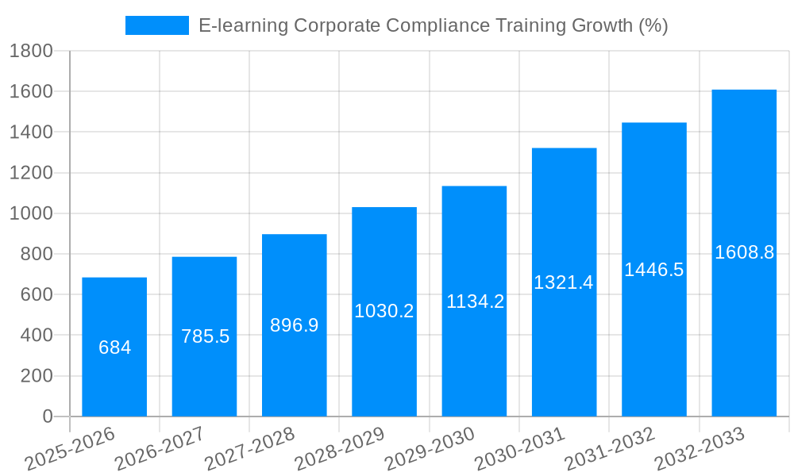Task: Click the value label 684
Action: click(x=114, y=347)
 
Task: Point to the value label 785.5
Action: click(x=205, y=336)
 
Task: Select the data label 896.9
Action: click(x=295, y=325)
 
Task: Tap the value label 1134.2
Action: click(x=475, y=301)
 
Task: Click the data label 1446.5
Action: click(x=654, y=270)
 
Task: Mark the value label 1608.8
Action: click(x=744, y=253)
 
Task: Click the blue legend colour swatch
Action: click(x=157, y=25)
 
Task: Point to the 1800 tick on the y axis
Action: click(x=31, y=52)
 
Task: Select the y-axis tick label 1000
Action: click(x=31, y=213)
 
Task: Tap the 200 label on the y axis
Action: click(x=37, y=376)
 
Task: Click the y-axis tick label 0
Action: click(x=48, y=416)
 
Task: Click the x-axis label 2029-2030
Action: click(x=430, y=449)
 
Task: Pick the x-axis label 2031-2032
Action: click(x=610, y=449)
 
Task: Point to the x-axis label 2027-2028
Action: click(x=250, y=449)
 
